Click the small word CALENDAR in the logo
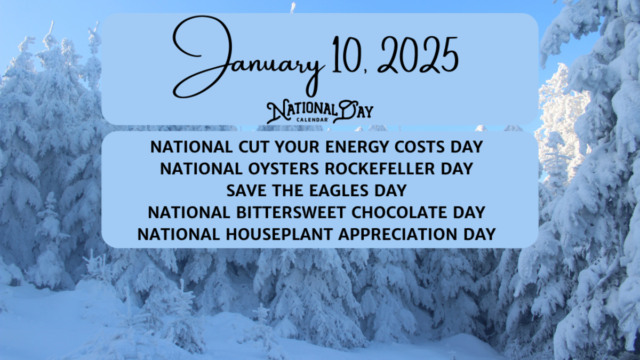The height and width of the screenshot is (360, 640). [311, 120]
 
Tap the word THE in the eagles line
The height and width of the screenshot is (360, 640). [292, 190]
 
